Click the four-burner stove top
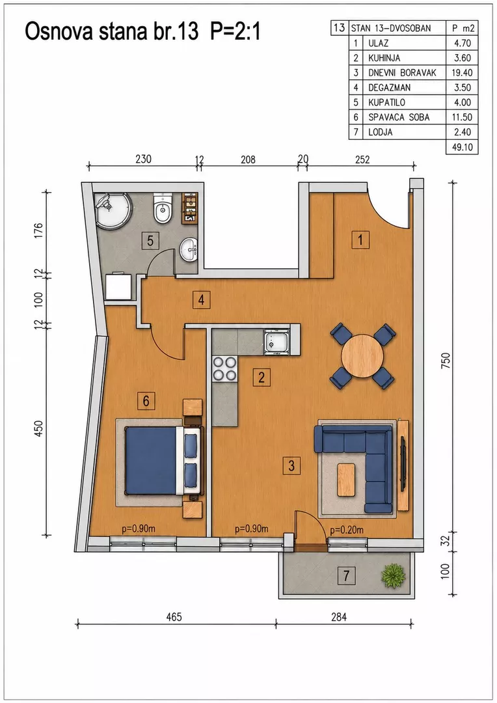click(x=224, y=368)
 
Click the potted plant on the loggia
click(x=394, y=575)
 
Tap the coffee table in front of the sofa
click(x=346, y=480)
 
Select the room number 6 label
click(x=146, y=400)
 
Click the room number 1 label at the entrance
click(x=360, y=240)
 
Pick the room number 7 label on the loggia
click(x=346, y=575)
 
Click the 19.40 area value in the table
click(x=462, y=73)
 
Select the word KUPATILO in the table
click(x=386, y=102)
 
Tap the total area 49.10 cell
click(x=462, y=147)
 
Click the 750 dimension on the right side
click(x=446, y=361)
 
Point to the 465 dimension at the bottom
click(x=174, y=617)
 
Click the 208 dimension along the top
click(x=248, y=159)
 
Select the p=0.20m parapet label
click(x=347, y=530)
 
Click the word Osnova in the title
click(x=53, y=32)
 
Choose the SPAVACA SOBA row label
click(x=399, y=117)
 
